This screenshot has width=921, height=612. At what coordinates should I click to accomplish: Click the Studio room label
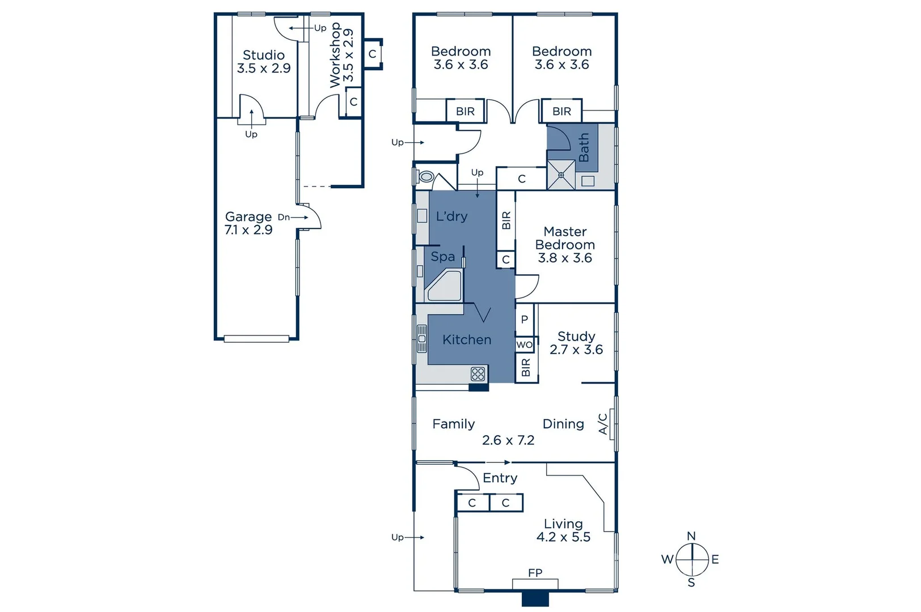[x=263, y=55]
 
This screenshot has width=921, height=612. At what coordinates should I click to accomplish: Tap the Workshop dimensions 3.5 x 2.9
[x=348, y=55]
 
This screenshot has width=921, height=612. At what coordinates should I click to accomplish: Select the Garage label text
[x=248, y=216]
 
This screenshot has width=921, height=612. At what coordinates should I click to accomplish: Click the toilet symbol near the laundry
[x=425, y=177]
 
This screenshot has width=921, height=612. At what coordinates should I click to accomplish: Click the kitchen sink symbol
[x=422, y=339]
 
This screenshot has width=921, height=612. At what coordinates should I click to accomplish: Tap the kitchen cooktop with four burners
[x=478, y=373]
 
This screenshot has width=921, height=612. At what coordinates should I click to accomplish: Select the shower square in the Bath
[x=561, y=175]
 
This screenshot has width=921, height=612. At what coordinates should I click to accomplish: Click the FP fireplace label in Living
[x=535, y=573]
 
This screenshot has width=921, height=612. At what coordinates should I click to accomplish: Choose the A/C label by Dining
[x=603, y=423]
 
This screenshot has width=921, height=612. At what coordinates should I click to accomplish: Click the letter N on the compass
[x=691, y=536]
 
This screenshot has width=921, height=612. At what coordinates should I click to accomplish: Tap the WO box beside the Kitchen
[x=524, y=345]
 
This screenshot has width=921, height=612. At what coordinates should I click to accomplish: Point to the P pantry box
[x=524, y=320]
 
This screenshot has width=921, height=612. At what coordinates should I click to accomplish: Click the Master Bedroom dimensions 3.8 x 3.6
[x=565, y=258]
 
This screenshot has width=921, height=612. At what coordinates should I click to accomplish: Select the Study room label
[x=576, y=336]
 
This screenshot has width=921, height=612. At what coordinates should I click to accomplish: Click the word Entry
[x=500, y=478]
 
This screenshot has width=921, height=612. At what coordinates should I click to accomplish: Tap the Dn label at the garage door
[x=284, y=217]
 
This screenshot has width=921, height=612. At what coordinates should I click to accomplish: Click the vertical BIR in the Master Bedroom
[x=506, y=220]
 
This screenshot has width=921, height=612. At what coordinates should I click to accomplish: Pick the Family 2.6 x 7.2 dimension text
[x=508, y=440]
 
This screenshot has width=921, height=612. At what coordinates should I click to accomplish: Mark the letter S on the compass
[x=691, y=583]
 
